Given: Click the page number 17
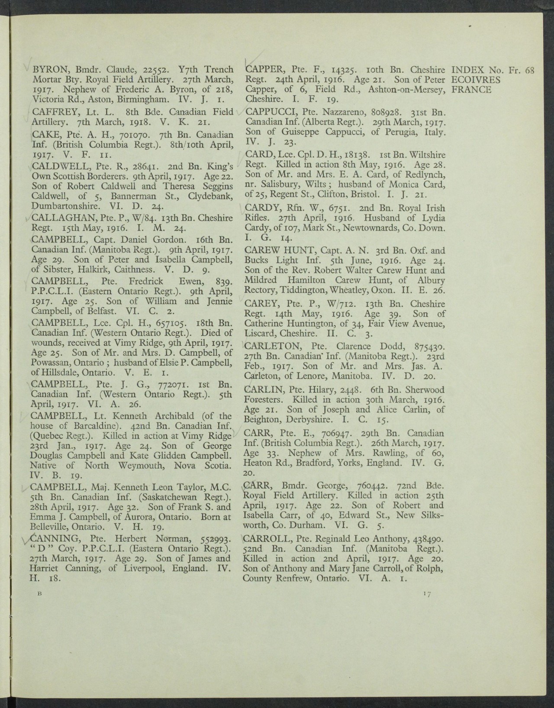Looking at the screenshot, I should click(x=426, y=594).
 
